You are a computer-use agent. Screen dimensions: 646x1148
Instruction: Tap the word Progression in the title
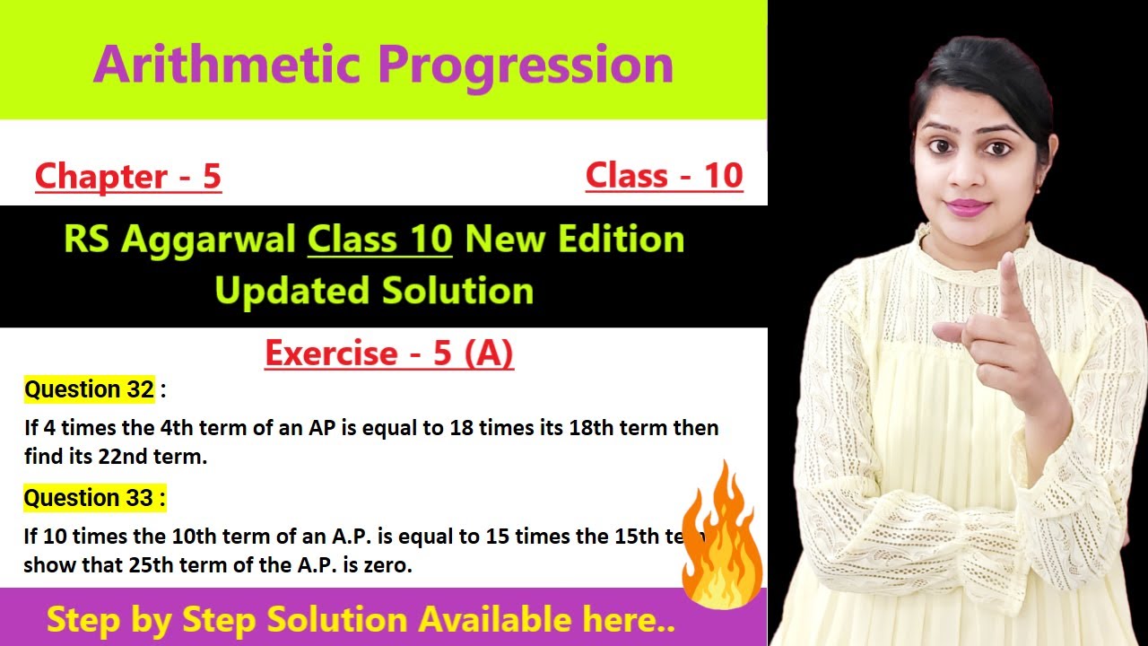click(526, 65)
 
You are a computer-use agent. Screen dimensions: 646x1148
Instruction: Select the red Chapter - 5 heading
click(127, 177)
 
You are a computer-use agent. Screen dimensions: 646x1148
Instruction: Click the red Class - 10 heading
click(664, 175)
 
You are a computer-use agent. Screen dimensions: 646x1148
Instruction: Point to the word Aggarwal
click(213, 240)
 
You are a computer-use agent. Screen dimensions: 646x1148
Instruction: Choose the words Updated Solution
click(375, 291)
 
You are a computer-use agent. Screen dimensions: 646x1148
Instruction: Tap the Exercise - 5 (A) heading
click(389, 354)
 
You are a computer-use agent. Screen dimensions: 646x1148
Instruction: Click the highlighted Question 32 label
click(89, 389)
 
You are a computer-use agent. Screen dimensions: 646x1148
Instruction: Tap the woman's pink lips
click(969, 207)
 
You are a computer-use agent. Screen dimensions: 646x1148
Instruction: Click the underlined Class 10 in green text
click(379, 240)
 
